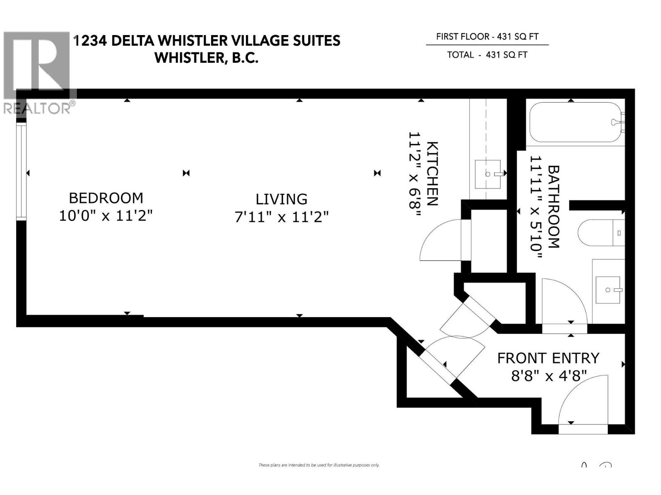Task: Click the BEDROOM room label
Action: point(106,198)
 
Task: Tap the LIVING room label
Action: point(281,199)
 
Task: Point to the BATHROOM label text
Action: point(554,207)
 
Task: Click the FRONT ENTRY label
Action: point(548,358)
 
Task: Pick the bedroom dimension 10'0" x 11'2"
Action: point(106,216)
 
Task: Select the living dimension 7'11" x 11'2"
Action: point(281,217)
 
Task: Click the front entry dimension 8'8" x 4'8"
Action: point(549,376)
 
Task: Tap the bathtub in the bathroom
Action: point(576,123)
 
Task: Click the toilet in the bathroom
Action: point(601,233)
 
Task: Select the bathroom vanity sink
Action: point(608,290)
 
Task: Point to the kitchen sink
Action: point(487,174)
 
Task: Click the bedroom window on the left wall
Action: point(21,171)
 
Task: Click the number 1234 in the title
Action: point(90,40)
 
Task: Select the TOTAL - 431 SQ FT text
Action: point(487,55)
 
